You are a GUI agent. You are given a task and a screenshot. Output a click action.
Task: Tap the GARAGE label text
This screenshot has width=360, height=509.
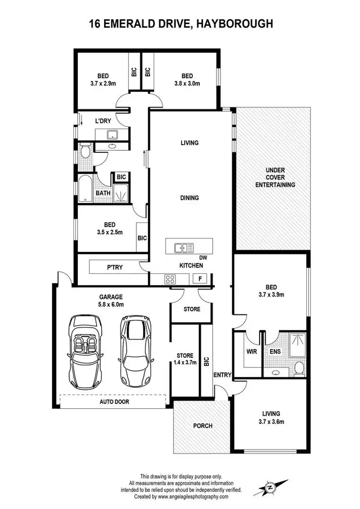click(111, 297)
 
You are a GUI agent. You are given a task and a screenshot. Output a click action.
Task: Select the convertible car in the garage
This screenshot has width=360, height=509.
click(87, 352)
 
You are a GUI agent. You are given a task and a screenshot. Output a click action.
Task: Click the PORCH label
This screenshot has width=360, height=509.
click(202, 425)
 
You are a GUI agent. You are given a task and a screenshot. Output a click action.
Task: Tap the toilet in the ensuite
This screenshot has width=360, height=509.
click(299, 368)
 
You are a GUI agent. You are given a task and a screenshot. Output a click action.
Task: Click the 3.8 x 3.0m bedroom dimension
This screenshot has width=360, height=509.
click(187, 83)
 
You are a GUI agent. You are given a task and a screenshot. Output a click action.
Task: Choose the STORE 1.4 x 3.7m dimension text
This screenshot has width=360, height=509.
click(185, 363)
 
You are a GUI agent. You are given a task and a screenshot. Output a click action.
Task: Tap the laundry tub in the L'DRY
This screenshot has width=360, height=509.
click(113, 135)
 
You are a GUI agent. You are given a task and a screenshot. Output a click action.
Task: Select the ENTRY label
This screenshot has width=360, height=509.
click(223, 375)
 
